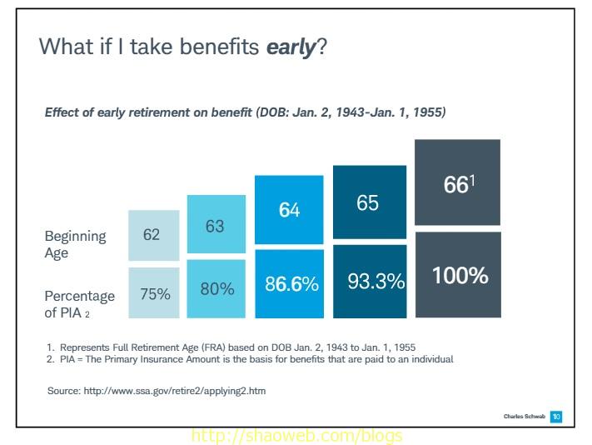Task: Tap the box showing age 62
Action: coord(154,235)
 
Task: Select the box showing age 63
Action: coord(216,225)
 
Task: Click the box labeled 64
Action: coord(289,210)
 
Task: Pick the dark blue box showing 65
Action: coord(369,202)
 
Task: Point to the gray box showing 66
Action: coord(457,183)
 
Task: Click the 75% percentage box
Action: coord(154,293)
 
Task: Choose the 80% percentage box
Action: coord(216,289)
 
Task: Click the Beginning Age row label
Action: coord(76,243)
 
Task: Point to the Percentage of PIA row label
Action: coord(79,304)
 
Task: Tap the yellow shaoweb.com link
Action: coord(296,436)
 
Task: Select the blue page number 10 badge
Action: coord(556,416)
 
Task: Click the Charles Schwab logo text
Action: coord(524,416)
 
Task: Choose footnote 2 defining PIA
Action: coord(249,359)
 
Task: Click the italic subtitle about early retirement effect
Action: coord(245,112)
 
